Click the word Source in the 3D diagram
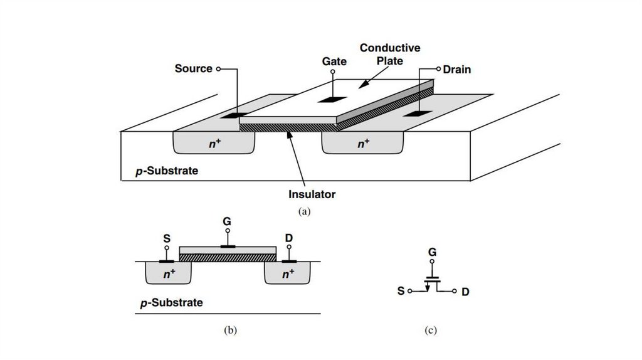tap(193, 68)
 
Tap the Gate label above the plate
tap(335, 61)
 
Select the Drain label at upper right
tap(456, 70)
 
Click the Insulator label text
tap(312, 194)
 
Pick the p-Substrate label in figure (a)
tap(167, 171)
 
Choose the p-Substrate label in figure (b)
tap(171, 303)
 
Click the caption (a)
tap(305, 211)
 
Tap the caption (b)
tap(229, 330)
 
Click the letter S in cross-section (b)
tap(167, 238)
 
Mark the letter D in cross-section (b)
tap(288, 238)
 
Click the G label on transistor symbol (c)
tap(432, 253)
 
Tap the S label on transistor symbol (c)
tap(401, 291)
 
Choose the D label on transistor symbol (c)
tap(465, 292)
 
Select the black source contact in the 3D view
tap(232, 115)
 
